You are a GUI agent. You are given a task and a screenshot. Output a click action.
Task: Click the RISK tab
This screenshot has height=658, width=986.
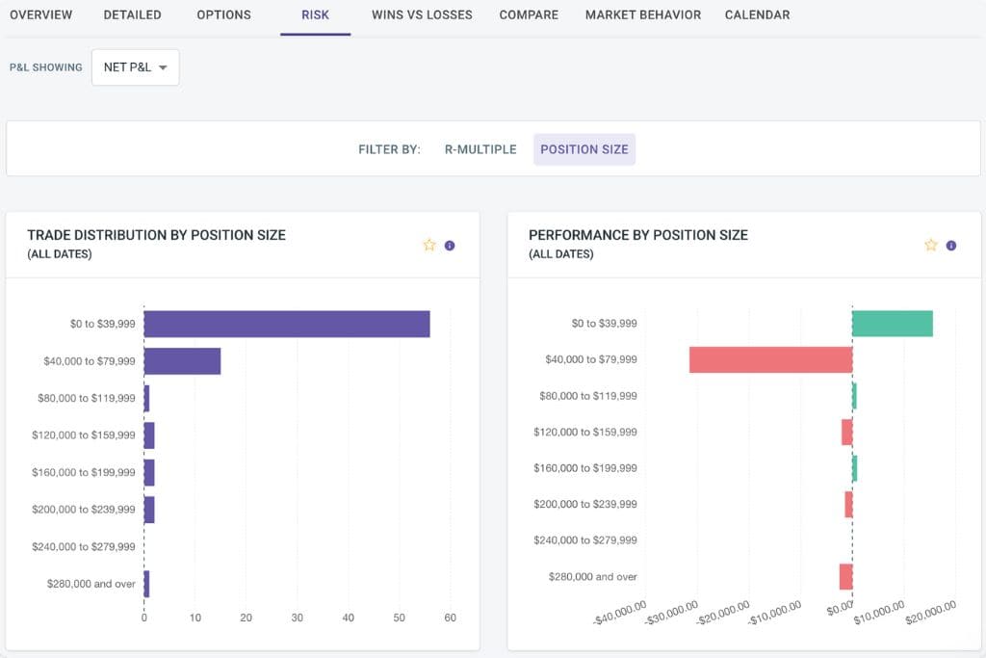tap(315, 15)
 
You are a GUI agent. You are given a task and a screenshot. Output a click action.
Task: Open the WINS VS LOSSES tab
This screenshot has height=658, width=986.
tap(422, 15)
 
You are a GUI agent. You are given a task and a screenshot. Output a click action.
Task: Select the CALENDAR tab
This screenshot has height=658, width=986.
tap(757, 15)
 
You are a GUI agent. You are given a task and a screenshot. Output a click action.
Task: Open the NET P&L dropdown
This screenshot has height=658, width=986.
tap(135, 67)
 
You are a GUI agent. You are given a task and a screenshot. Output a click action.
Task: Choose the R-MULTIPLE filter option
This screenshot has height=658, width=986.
tap(480, 149)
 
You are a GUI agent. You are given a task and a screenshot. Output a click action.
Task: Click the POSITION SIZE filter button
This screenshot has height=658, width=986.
tap(584, 149)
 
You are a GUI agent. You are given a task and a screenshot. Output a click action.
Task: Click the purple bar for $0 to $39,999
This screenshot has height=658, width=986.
tap(286, 324)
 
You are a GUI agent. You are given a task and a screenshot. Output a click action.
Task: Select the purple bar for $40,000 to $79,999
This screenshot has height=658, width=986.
tap(182, 361)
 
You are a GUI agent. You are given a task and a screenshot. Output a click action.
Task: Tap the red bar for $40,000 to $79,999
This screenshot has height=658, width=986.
tap(770, 359)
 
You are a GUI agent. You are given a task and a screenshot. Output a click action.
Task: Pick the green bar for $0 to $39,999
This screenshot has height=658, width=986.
tap(892, 324)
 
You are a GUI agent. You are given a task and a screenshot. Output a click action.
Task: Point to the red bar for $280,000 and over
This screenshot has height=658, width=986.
tap(845, 576)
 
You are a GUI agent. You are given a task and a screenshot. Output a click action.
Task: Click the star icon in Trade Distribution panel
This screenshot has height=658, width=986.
tap(429, 245)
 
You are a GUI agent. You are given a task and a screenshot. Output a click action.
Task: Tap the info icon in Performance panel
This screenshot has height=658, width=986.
tap(951, 245)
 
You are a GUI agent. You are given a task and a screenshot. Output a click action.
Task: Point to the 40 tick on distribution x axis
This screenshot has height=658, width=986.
tap(348, 618)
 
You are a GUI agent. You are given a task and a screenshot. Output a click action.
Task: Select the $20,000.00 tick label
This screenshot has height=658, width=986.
tap(930, 611)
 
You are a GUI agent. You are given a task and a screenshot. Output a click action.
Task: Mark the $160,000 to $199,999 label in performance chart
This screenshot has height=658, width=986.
tap(584, 468)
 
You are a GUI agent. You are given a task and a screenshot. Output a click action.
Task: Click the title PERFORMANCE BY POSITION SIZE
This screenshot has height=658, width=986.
tap(637, 235)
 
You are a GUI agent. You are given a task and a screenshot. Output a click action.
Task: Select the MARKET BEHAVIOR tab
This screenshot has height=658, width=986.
tap(642, 15)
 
